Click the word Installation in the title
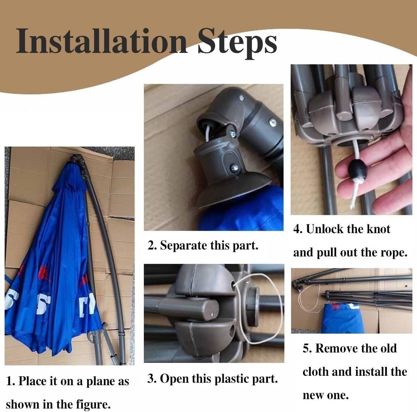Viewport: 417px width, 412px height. pyautogui.click(x=102, y=41)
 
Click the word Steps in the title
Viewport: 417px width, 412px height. pyautogui.click(x=237, y=43)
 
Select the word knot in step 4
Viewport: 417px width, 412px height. pyautogui.click(x=378, y=229)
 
